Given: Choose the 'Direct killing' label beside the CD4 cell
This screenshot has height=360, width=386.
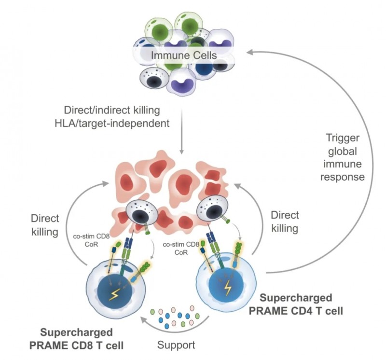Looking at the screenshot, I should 285,221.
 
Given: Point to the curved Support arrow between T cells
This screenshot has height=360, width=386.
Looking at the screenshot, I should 176,328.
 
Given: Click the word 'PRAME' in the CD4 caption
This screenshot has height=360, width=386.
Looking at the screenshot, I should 266,311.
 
